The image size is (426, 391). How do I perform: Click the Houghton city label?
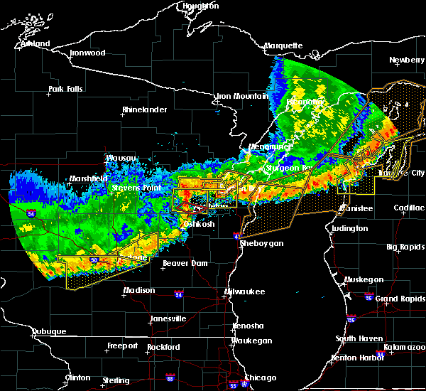click(x=201, y=6)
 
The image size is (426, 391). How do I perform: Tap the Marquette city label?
click(x=284, y=46)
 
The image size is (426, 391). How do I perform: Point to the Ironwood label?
click(x=87, y=53)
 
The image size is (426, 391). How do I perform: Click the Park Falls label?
click(x=65, y=90)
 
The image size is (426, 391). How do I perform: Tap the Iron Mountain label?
click(x=242, y=96)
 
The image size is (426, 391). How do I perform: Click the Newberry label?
click(x=407, y=60)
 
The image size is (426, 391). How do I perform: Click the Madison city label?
click(x=139, y=290)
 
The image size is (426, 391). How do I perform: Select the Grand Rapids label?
click(x=400, y=299)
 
